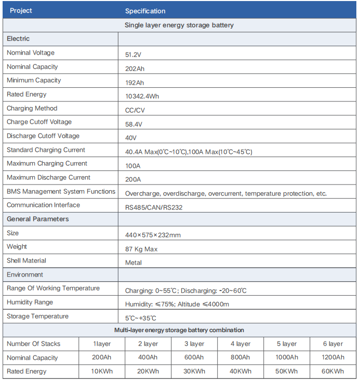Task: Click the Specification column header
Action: [x=145, y=11]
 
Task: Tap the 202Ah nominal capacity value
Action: [x=135, y=69]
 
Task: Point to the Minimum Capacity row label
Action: [x=34, y=81]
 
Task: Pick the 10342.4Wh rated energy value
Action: [x=143, y=96]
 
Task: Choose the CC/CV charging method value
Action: [x=135, y=110]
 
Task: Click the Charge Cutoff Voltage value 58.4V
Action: [x=134, y=124]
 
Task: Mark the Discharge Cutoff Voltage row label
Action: [x=43, y=136]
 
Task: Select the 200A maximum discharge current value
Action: [x=133, y=179]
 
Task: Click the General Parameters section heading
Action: [x=38, y=219]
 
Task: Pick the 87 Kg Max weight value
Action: [x=141, y=249]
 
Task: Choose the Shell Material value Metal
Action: [x=134, y=262]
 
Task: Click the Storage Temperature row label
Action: [x=37, y=316]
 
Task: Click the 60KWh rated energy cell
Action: [x=332, y=372]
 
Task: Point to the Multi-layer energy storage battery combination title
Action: [x=179, y=330]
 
